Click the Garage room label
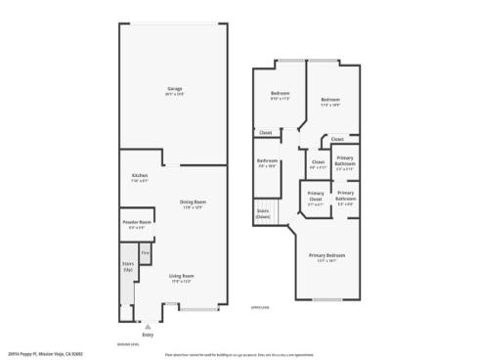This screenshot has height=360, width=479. pyautogui.click(x=174, y=90)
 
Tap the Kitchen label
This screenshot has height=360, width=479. pyautogui.click(x=140, y=176)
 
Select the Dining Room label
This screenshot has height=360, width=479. pyautogui.click(x=193, y=202)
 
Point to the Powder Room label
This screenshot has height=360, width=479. pyautogui.click(x=137, y=222)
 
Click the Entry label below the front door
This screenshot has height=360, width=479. pyautogui.click(x=149, y=336)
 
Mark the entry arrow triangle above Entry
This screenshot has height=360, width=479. pyautogui.click(x=149, y=328)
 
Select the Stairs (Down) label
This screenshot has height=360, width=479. pyautogui.click(x=263, y=212)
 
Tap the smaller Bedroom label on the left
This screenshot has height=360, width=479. pyautogui.click(x=281, y=94)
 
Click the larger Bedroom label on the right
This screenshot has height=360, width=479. pyautogui.click(x=330, y=100)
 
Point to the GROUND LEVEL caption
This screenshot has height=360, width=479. pyautogui.click(x=128, y=345)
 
